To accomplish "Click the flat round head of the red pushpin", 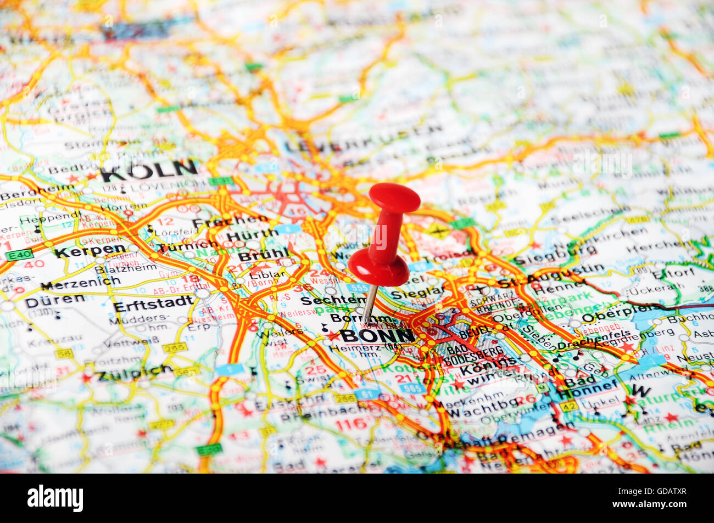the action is click(x=394, y=196).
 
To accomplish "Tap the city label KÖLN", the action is click(x=149, y=171).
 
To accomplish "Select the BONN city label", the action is click(x=377, y=335).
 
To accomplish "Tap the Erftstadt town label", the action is click(x=153, y=303).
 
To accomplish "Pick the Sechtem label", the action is click(x=333, y=301).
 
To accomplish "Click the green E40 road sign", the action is click(x=20, y=255).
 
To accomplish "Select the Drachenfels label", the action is click(x=587, y=344).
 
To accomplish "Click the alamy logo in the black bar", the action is click(x=55, y=498).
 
